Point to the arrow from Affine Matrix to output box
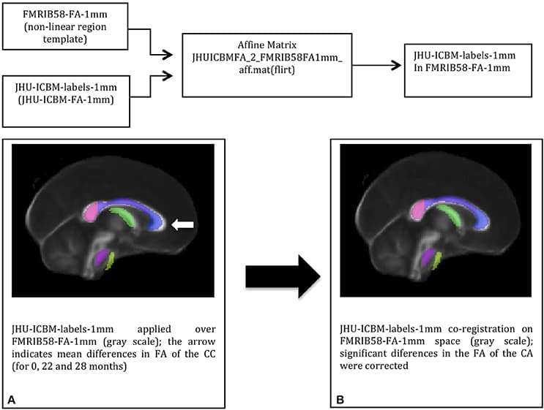tap(380, 65)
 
